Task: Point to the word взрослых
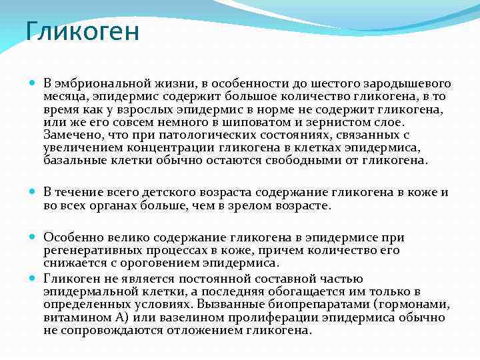click(138, 109)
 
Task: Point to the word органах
click(117, 205)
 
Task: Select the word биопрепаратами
click(314, 305)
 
